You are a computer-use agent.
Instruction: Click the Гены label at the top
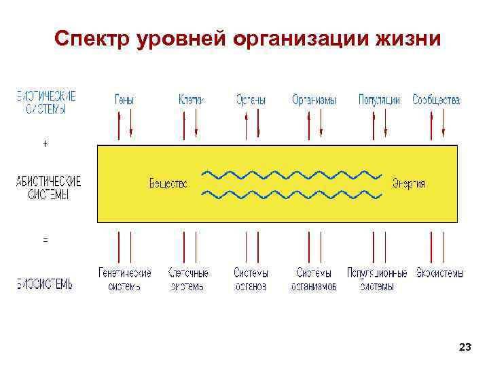pyautogui.click(x=124, y=100)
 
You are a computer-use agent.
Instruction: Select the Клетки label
pyautogui.click(x=191, y=100)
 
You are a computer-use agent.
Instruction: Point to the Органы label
pyautogui.click(x=251, y=100)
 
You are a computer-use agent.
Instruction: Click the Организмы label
pyautogui.click(x=314, y=100)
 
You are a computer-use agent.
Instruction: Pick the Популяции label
pyautogui.click(x=379, y=100)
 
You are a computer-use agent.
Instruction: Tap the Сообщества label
pyautogui.click(x=436, y=100)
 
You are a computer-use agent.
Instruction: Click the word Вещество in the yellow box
pyautogui.click(x=168, y=183)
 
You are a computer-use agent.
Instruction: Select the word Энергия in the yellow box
pyautogui.click(x=409, y=183)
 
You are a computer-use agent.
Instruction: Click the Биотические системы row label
pyautogui.click(x=46, y=102)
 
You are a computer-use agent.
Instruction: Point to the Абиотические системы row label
pyautogui.click(x=48, y=188)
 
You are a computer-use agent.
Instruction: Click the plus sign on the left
pyautogui.click(x=45, y=145)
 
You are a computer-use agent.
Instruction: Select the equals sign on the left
pyautogui.click(x=45, y=240)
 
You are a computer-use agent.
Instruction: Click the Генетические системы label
pyautogui.click(x=124, y=279)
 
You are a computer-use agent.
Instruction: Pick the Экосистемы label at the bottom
pyautogui.click(x=440, y=273)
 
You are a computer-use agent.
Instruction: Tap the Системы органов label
pyautogui.click(x=251, y=279)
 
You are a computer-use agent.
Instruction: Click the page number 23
pyautogui.click(x=465, y=347)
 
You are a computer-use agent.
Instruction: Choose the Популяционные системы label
pyautogui.click(x=378, y=279)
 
